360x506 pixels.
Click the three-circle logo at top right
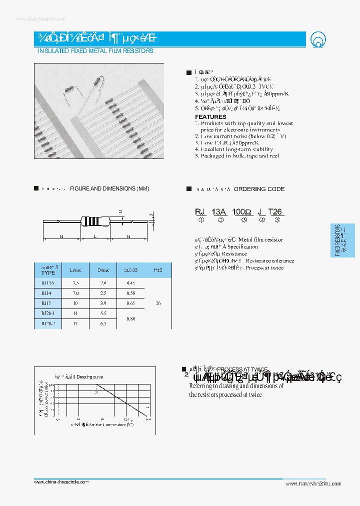317,39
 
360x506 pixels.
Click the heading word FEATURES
210,116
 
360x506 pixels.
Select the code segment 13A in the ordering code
219,211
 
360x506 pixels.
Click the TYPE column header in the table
48,273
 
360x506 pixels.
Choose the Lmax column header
75,270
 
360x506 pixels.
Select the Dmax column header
103,270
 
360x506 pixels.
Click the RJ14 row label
46,293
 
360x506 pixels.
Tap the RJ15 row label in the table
46,303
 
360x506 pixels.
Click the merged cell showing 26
158,303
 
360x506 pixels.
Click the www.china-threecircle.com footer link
61,481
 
